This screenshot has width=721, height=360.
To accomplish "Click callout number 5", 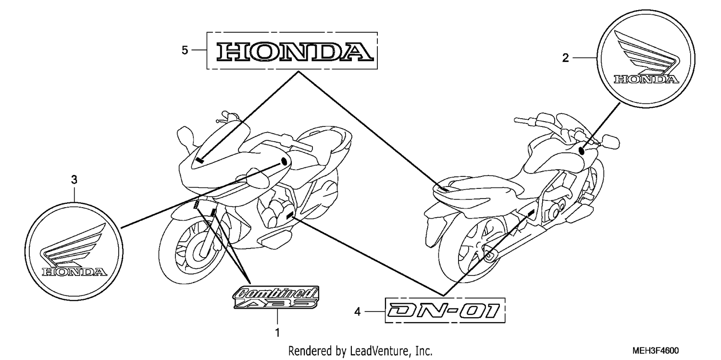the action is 185,50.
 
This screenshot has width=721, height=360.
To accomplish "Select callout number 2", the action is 566,58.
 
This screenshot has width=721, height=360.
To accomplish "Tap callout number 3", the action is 75,180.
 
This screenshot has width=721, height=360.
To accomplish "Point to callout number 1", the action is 277,333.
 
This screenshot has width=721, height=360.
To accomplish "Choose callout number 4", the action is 358,312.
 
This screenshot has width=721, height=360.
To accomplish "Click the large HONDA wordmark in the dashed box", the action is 295,52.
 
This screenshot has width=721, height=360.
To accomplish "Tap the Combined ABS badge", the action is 276,297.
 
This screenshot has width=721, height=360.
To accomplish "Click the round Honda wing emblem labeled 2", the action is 646,59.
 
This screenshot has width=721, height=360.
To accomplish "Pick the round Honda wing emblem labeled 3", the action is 74,251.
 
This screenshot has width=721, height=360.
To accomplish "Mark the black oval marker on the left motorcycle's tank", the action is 284,161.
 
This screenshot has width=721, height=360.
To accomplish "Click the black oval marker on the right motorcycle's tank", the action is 582,150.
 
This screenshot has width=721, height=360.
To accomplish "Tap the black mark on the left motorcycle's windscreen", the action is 200,160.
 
